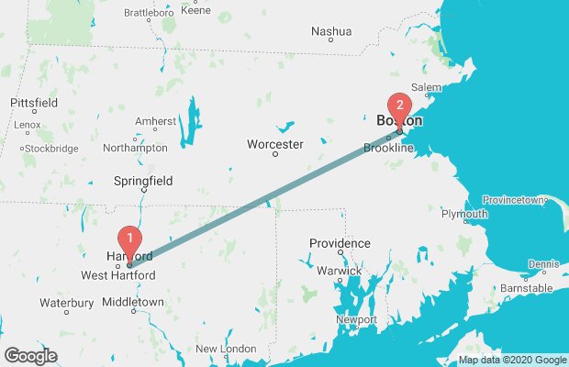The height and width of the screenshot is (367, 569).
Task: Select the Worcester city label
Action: [274, 144]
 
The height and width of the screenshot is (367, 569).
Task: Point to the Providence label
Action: [339, 243]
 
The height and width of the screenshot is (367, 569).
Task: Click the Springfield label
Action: [142, 182]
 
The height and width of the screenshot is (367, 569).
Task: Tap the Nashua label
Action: [331, 31]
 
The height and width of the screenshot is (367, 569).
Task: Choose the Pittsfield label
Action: [34, 103]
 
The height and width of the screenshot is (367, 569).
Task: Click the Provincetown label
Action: [515, 200]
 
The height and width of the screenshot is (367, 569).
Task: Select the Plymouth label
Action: [464, 215]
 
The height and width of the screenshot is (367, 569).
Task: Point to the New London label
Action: [226, 349]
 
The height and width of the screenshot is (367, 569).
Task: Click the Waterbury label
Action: [66, 303]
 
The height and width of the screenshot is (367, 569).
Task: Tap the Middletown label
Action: [133, 301]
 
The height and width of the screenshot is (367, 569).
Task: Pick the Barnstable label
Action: [527, 288]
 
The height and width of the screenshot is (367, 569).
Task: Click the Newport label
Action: [357, 319]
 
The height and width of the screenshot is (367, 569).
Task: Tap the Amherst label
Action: [155, 121]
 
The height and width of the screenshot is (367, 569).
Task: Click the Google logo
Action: [30, 355]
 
